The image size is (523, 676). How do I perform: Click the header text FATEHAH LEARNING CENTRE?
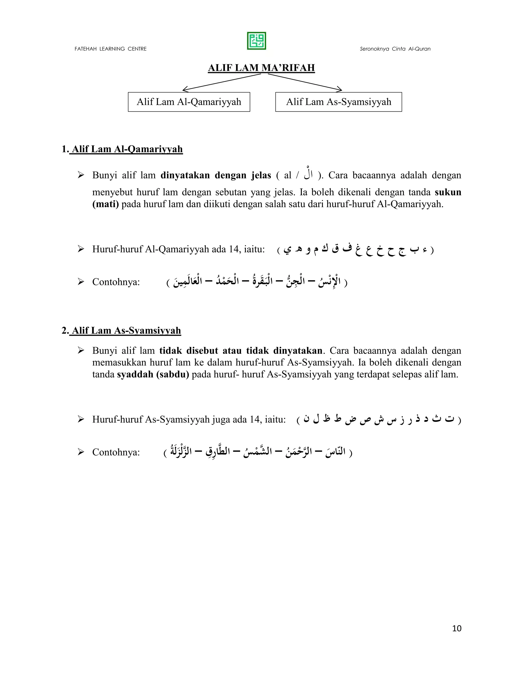tap(110, 49)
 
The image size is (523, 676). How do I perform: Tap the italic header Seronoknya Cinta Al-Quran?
tap(395, 49)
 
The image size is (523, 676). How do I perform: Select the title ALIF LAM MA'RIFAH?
tap(261, 68)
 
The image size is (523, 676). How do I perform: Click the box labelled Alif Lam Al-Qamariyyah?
tap(189, 102)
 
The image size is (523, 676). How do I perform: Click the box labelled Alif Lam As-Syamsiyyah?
tap(338, 102)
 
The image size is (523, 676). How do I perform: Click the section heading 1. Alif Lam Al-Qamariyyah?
tap(122, 149)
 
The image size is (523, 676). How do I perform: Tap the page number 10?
tap(457, 628)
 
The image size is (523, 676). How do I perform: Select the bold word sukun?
tap(448, 192)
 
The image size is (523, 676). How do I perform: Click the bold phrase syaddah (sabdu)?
tap(153, 374)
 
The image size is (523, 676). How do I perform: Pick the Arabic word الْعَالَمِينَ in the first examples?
tap(188, 281)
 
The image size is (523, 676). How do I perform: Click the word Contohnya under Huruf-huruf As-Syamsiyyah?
tap(116, 452)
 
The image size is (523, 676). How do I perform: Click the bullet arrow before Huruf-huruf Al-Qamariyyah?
tap(81, 249)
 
